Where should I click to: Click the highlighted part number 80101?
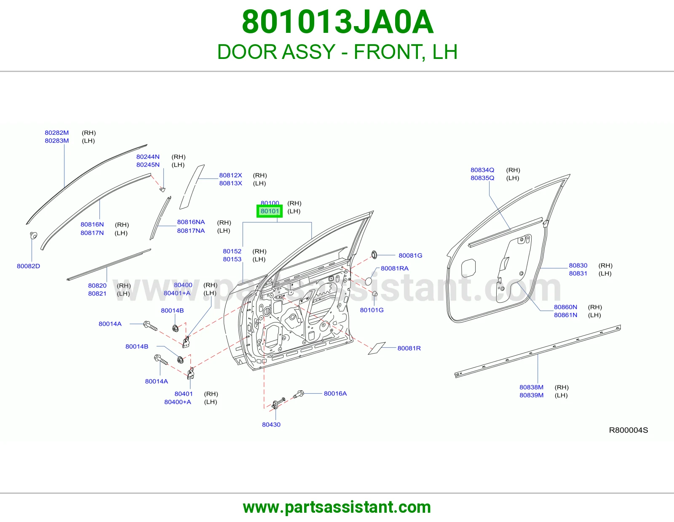point(270,211)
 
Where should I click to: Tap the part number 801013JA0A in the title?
point(337,22)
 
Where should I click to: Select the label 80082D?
point(28,266)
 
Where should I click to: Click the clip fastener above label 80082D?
point(33,235)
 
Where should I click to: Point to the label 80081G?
point(410,256)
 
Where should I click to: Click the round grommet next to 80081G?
point(374,255)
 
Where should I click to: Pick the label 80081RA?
point(395,269)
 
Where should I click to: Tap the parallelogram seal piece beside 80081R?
point(377,348)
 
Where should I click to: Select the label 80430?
point(271,425)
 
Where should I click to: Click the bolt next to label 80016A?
point(298,394)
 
